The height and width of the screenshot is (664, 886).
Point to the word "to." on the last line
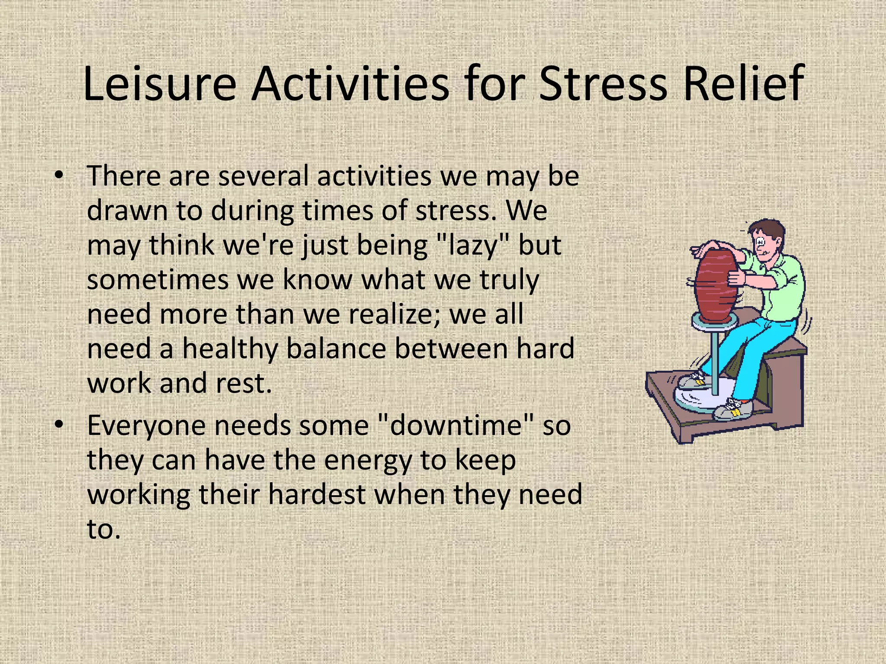(103, 529)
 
